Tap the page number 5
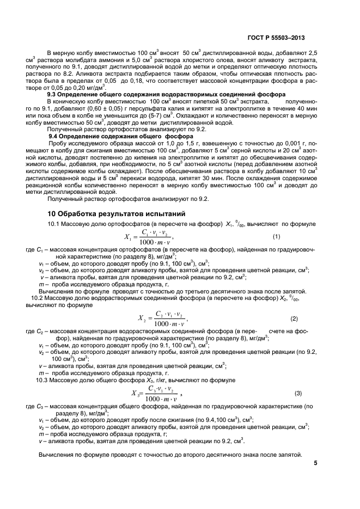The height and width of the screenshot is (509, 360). tap(316, 463)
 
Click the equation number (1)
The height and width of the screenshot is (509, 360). tap(276, 236)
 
